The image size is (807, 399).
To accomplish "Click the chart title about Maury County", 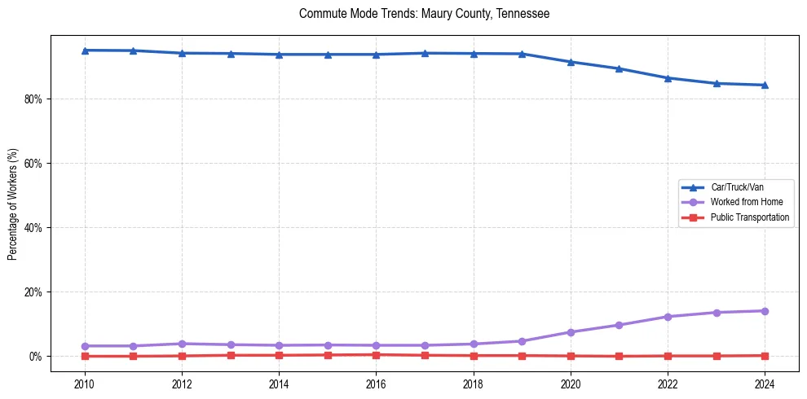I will click(x=424, y=14).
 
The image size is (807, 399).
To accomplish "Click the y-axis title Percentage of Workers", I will click(x=12, y=204).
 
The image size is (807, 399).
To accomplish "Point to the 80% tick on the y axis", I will click(x=35, y=99).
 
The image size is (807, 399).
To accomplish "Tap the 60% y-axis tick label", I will click(x=35, y=164).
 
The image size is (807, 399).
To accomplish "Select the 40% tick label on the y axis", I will click(x=35, y=228).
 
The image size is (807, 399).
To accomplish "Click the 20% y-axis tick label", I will click(x=35, y=292).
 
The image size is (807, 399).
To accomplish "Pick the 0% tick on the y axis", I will click(x=37, y=357).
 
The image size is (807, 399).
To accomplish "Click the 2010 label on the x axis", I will click(x=84, y=384).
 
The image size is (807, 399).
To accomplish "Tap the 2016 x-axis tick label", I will click(x=376, y=384).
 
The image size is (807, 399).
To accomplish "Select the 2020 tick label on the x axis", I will click(x=571, y=384).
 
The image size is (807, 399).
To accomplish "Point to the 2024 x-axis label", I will click(x=765, y=384).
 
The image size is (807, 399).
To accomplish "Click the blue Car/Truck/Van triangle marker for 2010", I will click(x=84, y=50).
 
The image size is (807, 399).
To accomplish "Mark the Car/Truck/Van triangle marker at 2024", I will click(x=765, y=85).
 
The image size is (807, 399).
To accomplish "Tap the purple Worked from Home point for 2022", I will click(x=668, y=317).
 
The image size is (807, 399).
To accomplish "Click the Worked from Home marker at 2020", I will click(x=571, y=332).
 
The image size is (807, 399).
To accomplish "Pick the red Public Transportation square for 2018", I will click(x=473, y=355).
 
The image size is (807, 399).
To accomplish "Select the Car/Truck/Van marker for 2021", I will click(x=619, y=68).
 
